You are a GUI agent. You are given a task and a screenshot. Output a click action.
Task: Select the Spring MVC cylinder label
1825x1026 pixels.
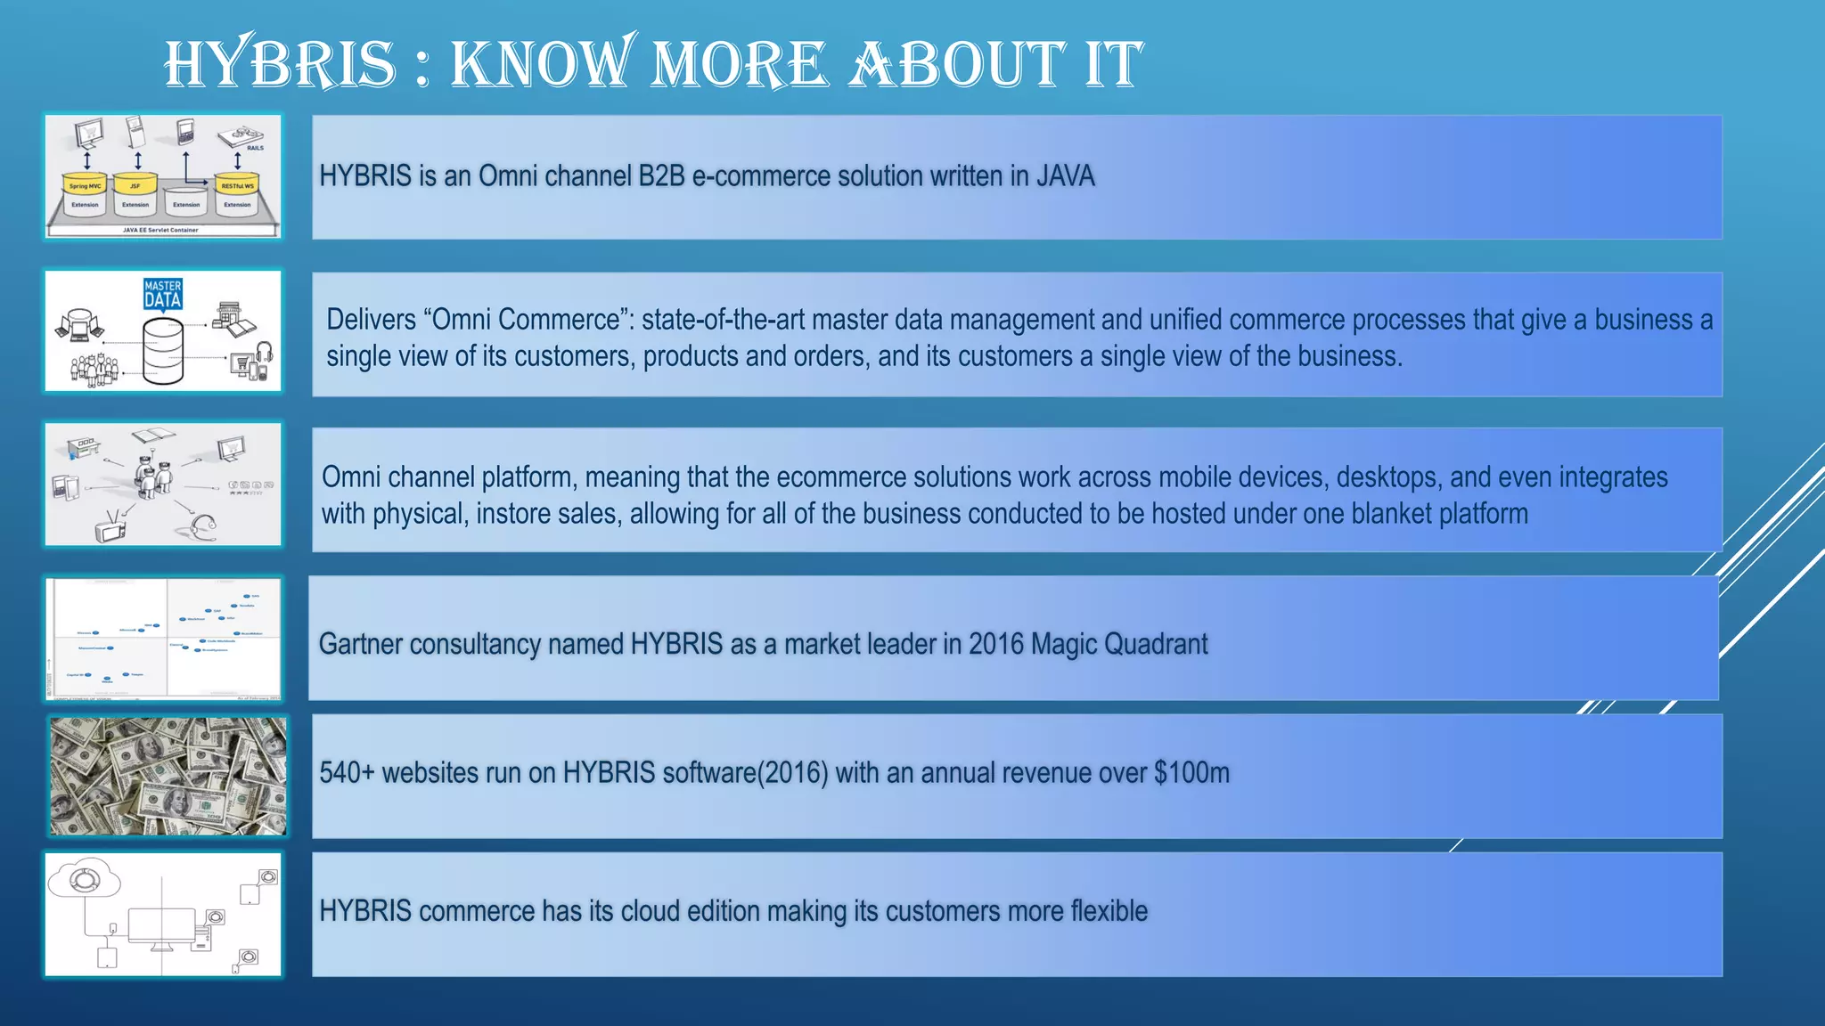coord(86,186)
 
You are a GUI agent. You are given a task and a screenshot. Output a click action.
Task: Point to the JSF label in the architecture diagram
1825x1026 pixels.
coord(135,186)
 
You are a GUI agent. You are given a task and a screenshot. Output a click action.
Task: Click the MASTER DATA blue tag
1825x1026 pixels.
coord(163,294)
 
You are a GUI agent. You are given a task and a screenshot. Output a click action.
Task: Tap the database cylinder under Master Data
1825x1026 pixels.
coord(163,352)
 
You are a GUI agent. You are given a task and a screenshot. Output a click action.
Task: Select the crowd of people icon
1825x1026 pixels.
coord(94,369)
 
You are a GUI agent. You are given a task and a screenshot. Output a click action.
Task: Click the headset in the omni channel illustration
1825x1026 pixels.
coord(203,526)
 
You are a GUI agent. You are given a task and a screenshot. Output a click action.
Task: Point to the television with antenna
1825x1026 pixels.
coord(111,527)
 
